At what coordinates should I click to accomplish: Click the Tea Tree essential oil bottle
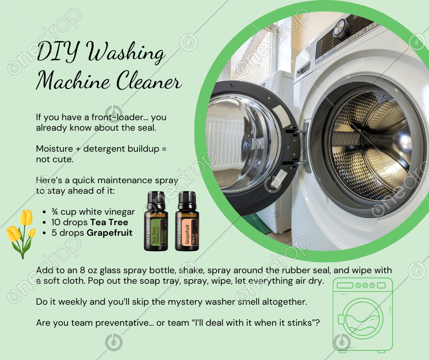point(156,222)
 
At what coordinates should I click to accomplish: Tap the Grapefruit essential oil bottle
point(187,222)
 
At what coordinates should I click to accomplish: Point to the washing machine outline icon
point(362,314)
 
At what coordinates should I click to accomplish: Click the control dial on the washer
point(341,28)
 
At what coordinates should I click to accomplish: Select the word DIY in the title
point(58,52)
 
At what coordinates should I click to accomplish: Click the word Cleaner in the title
point(149,80)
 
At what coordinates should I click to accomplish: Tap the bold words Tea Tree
point(109,222)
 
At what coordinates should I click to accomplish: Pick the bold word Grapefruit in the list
point(110,233)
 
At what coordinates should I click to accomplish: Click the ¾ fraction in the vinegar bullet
point(54,212)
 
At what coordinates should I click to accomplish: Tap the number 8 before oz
point(82,270)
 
